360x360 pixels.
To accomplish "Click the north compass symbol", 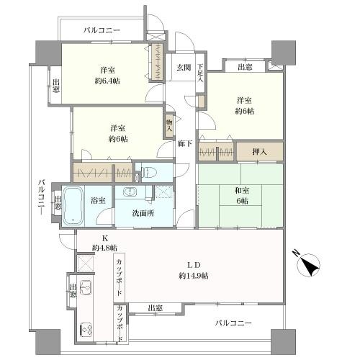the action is tap(308, 265).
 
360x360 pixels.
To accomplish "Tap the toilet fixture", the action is tap(149, 172).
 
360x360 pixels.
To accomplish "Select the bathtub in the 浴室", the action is tap(73, 206).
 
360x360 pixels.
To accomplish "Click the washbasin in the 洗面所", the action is tap(130, 192).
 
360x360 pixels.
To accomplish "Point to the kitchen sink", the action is tap(86, 288).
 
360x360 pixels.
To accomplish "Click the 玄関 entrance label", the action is tap(184, 68).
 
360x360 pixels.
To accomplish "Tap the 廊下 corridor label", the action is tap(185, 143).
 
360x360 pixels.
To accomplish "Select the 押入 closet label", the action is tap(259, 152).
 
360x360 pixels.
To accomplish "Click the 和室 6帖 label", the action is tap(242, 196).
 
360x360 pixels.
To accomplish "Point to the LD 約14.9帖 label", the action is tap(194, 271).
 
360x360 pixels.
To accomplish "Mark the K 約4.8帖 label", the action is tap(105, 243).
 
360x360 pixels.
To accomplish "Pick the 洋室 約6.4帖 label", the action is tap(107, 76).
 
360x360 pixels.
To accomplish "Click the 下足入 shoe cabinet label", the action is tap(200, 73).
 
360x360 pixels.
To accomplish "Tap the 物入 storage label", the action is tap(169, 125).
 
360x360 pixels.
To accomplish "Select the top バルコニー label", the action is tap(102, 30).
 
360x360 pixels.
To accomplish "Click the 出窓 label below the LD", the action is tap(155, 308).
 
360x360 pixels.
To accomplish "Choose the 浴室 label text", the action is tap(98, 200).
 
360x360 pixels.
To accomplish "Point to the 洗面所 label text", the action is tap(143, 213).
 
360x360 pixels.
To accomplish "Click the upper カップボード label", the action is tap(120, 278).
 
